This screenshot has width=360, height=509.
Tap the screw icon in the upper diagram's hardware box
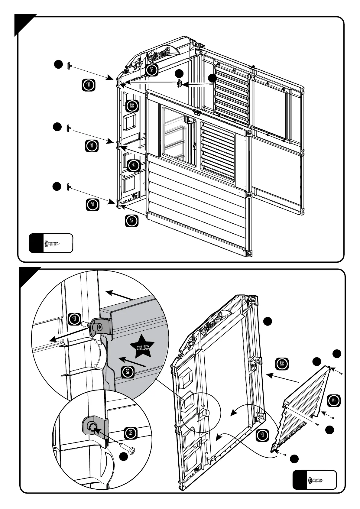pyautogui.click(x=52, y=243)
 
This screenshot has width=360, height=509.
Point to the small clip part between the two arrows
pyautogui.click(x=179, y=83)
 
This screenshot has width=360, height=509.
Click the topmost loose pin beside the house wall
pyautogui.click(x=69, y=65)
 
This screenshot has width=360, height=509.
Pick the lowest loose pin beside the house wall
pyautogui.click(x=69, y=187)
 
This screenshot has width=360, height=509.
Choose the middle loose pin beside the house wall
pyautogui.click(x=69, y=128)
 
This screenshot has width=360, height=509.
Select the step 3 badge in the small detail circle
pyautogui.click(x=130, y=433)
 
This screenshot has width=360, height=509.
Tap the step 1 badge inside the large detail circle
pyautogui.click(x=74, y=319)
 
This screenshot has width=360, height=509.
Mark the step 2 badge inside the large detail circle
pyautogui.click(x=128, y=371)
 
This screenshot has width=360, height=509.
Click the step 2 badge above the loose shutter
pyautogui.click(x=282, y=364)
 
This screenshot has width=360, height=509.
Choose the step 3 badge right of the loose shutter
pyautogui.click(x=333, y=400)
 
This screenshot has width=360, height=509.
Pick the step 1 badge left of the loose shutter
pyautogui.click(x=262, y=436)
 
